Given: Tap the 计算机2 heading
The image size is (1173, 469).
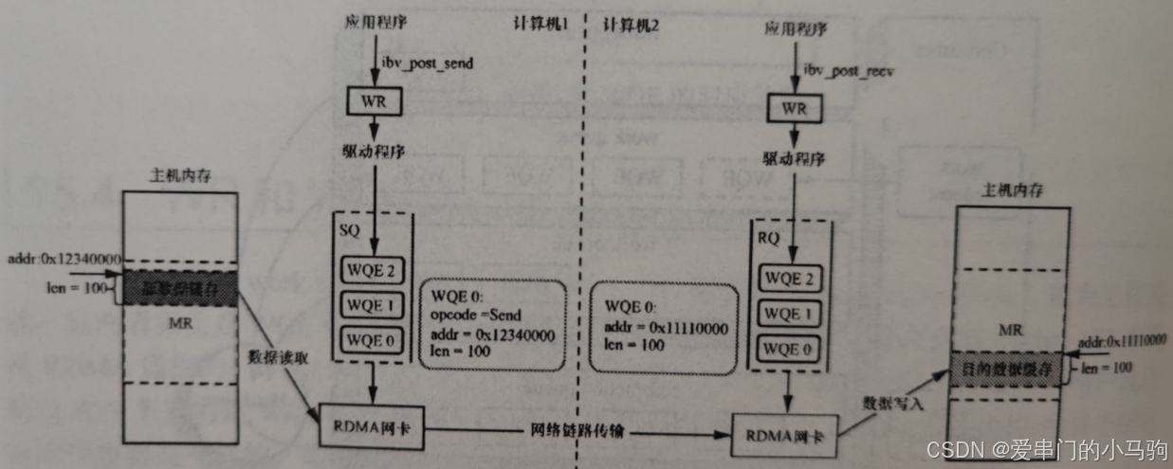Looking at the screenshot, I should pos(625,26).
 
